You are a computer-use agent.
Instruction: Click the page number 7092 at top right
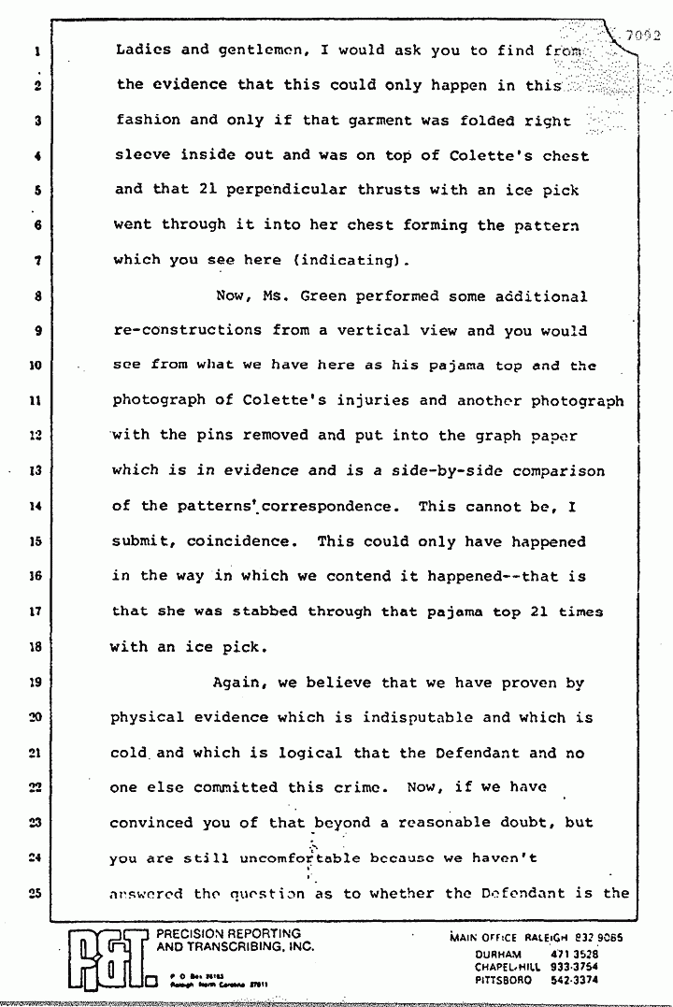pyautogui.click(x=645, y=38)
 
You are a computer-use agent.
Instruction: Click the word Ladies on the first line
pyautogui.click(x=141, y=50)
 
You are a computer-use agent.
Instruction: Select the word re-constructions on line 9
pyautogui.click(x=187, y=331)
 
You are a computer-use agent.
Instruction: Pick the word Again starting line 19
pyautogui.click(x=237, y=683)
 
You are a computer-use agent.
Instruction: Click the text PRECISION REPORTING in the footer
pyautogui.click(x=228, y=933)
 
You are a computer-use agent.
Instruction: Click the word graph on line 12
pyautogui.click(x=508, y=436)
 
